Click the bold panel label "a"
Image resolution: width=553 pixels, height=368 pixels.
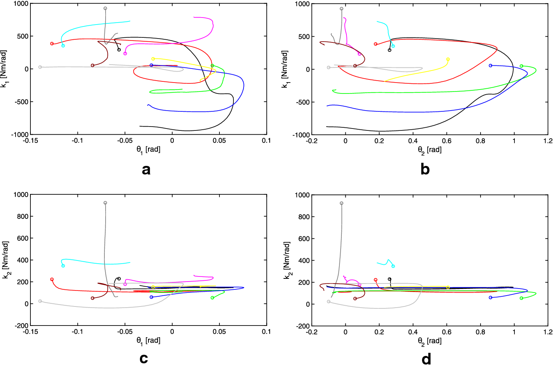coord(146,170)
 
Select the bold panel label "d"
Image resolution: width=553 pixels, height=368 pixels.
coord(426,358)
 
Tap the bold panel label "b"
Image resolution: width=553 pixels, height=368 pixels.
coord(425,169)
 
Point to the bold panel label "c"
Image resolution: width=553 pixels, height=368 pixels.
coord(144,358)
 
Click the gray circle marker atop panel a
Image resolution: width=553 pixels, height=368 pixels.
coord(105,9)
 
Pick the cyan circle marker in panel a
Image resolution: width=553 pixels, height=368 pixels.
coord(63,46)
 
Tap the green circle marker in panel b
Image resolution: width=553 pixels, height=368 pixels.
coord(521,66)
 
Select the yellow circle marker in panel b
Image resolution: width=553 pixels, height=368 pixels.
coord(448,60)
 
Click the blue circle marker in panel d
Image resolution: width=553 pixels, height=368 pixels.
coord(491,298)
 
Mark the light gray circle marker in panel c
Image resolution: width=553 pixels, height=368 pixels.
coord(40,301)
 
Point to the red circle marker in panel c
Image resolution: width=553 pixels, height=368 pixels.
coord(52,280)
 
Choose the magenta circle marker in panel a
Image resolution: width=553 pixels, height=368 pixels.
coord(125,54)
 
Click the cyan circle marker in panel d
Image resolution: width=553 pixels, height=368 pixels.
coord(393,266)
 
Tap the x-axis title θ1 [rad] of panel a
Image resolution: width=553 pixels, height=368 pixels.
coord(148,150)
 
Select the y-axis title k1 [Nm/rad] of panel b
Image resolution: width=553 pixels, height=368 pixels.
coord(285,69)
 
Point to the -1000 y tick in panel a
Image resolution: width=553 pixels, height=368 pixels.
coord(21,135)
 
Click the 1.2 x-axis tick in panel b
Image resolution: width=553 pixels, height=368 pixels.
coord(548,141)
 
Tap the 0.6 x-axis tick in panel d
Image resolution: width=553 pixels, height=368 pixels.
coord(447,332)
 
